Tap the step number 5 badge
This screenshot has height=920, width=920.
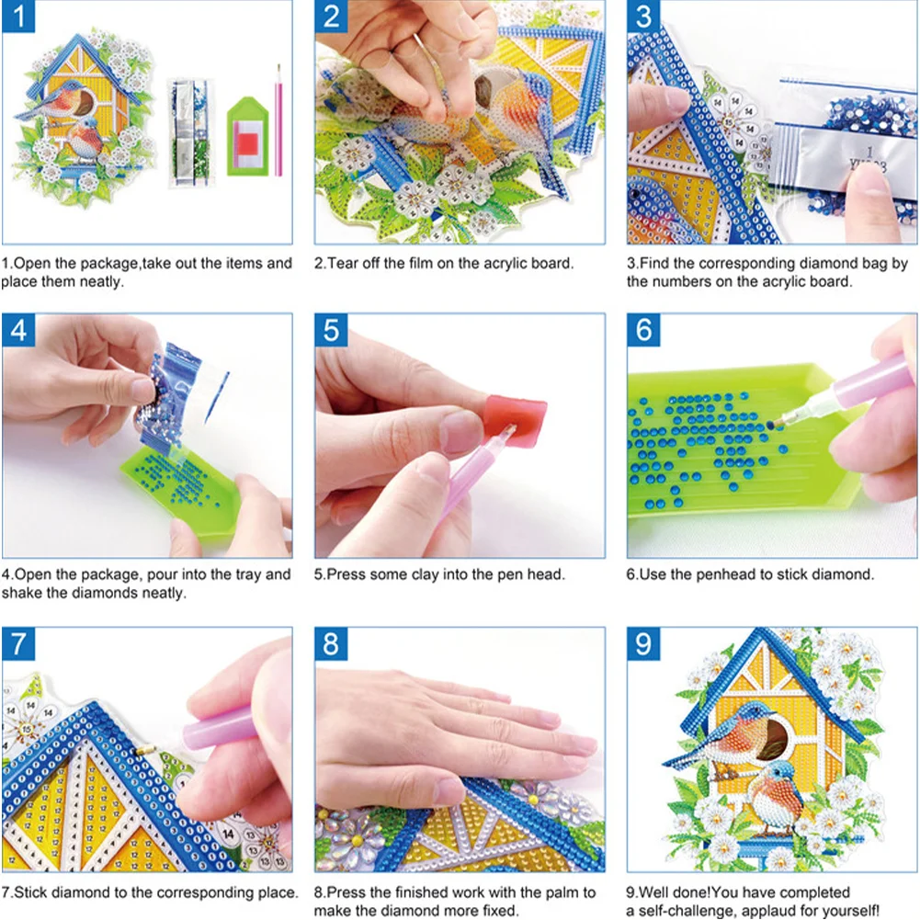click(x=331, y=330)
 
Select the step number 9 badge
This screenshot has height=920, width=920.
click(x=644, y=643)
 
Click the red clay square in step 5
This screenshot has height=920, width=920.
click(x=516, y=422)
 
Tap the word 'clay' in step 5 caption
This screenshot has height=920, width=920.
click(x=437, y=574)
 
